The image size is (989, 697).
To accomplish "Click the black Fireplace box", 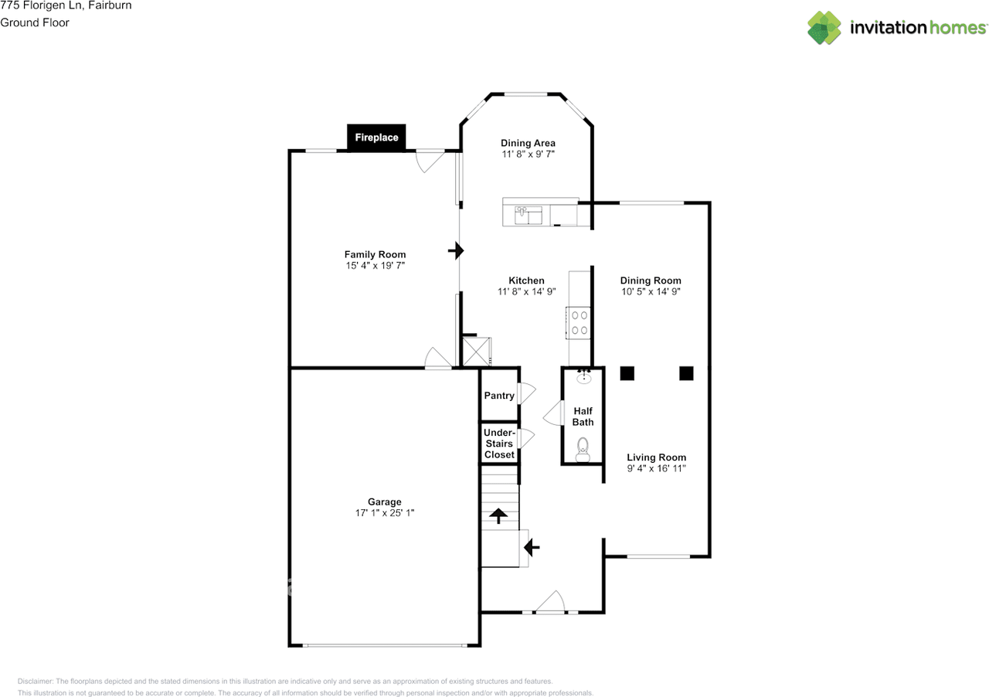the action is coord(376,138).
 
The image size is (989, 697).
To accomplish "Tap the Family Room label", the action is coord(375,254).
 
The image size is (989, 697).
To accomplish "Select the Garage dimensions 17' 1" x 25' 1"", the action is coord(385,513).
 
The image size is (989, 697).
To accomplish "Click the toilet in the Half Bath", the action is coord(583,449).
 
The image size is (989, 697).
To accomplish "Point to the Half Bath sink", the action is coord(584,377).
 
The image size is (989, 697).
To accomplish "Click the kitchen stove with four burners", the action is coord(579,323).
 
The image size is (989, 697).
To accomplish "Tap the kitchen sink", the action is coord(528,215).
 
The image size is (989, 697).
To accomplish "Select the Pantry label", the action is coord(499,396).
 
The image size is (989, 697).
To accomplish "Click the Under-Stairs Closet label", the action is coord(499,444).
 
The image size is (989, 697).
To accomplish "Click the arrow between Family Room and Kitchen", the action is coord(456,251).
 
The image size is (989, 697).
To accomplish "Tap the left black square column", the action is coord(627,373).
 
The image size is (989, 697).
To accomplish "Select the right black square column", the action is coord(686,373).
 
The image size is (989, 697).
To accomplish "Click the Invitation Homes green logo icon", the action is coord(824,28).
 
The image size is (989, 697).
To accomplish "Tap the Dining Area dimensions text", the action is coord(528,154).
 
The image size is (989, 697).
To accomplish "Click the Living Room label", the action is coord(657,457).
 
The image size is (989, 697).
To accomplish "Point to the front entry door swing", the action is coord(551,602).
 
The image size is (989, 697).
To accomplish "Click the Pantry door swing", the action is coord(527,393).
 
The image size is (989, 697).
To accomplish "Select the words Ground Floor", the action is coord(35,22).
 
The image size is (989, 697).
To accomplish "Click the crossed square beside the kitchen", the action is coord(476,352).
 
